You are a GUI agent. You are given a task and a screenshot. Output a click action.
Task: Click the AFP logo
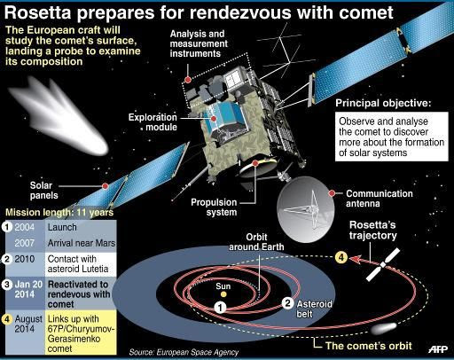[x=438, y=349]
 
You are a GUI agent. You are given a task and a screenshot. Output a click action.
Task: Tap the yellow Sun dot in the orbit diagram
[x=223, y=294]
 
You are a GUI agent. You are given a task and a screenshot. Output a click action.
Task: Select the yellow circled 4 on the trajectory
[x=341, y=257]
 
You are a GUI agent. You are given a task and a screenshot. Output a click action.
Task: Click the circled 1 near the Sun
[x=220, y=308]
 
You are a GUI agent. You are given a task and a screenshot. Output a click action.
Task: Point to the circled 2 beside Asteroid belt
[x=287, y=303]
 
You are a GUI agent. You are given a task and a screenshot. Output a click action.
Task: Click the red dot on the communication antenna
[x=332, y=193]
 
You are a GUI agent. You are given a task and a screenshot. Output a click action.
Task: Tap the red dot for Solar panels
[x=106, y=186]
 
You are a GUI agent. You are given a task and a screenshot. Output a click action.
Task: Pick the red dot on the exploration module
[x=214, y=119]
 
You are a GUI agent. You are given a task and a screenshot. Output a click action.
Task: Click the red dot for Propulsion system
[x=255, y=163]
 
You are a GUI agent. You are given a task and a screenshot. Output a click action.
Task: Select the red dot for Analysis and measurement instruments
[x=188, y=80]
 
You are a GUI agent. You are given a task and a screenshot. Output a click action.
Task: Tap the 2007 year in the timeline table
[x=25, y=243]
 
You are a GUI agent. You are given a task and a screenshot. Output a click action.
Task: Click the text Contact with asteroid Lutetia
[x=78, y=264]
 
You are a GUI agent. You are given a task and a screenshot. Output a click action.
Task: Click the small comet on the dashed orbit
[x=384, y=328]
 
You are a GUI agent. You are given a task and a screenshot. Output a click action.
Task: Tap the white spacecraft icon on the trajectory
[x=383, y=264]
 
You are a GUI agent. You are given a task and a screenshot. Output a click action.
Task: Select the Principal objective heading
[x=383, y=103]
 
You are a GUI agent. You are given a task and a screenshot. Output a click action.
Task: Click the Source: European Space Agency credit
[x=184, y=352]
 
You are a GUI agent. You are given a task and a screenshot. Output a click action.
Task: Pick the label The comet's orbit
[x=369, y=346]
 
